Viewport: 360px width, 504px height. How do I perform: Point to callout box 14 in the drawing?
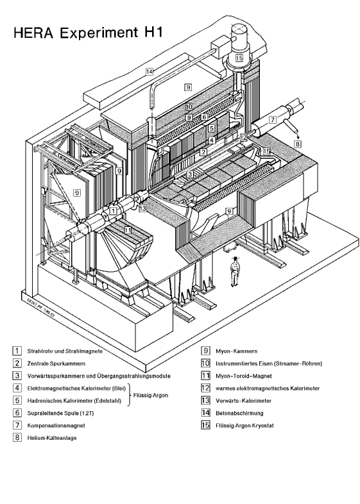(150, 71)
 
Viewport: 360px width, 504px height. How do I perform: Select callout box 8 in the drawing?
(297, 144)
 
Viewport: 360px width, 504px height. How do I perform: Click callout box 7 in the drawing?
(272, 119)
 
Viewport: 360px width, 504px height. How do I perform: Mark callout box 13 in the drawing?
(142, 208)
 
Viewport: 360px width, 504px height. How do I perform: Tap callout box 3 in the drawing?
(190, 174)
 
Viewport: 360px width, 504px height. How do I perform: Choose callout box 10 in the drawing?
(189, 107)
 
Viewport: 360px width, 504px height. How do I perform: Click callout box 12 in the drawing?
(243, 138)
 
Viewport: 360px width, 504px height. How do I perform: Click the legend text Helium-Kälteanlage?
(52, 438)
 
